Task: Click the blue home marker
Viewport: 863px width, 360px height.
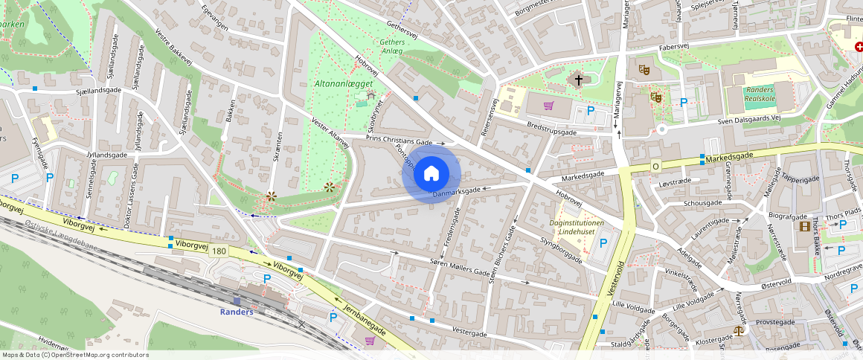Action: (431, 174)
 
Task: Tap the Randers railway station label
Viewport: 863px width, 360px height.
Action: (237, 311)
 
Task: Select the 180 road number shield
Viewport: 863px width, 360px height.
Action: (219, 251)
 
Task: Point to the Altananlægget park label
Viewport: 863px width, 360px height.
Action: (343, 84)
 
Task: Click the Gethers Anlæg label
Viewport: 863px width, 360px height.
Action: (392, 47)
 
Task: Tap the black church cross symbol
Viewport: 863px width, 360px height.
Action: (579, 79)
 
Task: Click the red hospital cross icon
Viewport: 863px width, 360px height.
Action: (859, 46)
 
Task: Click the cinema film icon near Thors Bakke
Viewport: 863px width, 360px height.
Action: (803, 226)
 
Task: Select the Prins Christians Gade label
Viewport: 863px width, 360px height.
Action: (400, 141)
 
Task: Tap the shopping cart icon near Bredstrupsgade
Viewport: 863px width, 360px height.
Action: (549, 106)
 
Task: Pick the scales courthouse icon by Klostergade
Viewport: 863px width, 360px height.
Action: (738, 330)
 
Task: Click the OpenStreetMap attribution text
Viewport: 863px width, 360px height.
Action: (74, 355)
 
